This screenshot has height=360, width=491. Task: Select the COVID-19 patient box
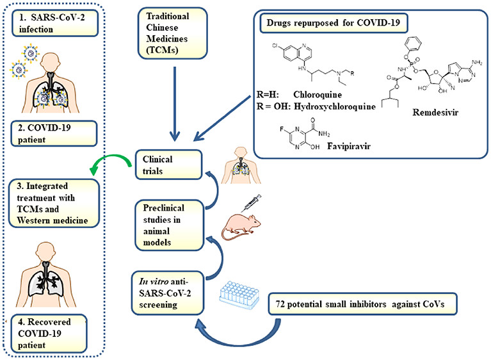point(52,133)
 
